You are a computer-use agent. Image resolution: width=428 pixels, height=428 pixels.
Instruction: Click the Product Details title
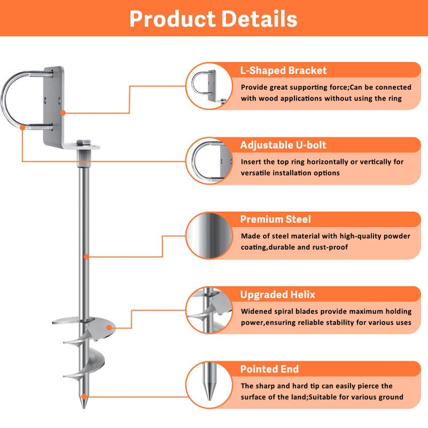(x=213, y=19)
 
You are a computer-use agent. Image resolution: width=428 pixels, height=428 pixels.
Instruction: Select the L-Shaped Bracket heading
(x=284, y=71)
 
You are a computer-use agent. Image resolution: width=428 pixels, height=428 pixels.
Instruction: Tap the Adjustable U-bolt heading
(x=283, y=145)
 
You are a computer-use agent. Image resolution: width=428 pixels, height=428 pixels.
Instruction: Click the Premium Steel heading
(x=276, y=219)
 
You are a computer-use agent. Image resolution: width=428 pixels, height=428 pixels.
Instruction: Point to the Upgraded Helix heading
(x=278, y=295)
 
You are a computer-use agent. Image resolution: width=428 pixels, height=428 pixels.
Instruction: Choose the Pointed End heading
(x=270, y=369)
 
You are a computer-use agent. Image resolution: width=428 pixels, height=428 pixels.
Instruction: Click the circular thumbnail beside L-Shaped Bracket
(x=209, y=86)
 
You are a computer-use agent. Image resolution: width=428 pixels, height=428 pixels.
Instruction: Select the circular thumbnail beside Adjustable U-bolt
(x=209, y=161)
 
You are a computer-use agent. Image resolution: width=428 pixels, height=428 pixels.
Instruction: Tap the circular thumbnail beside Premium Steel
(x=209, y=235)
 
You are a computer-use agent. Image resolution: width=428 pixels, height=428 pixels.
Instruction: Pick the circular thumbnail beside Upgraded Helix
(x=209, y=310)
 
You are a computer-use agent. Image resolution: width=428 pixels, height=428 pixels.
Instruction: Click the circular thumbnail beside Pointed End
(x=209, y=385)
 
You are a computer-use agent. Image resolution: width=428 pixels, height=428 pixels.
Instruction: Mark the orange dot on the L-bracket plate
(x=63, y=113)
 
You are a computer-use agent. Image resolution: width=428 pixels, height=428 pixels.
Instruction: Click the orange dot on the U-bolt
(x=22, y=127)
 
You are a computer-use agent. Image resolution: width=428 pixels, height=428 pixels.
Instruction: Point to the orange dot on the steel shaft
(x=87, y=257)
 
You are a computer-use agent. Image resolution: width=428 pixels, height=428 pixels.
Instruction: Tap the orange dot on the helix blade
(x=109, y=328)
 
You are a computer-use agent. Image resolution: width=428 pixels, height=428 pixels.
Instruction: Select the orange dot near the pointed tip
(x=85, y=396)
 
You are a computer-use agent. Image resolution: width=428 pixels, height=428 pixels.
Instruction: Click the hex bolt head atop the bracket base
(x=83, y=142)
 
